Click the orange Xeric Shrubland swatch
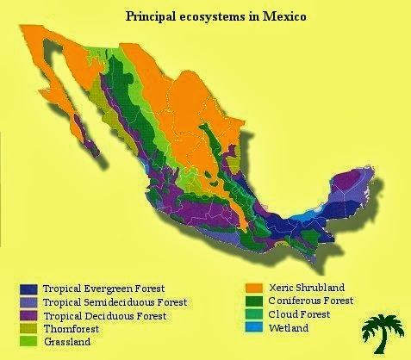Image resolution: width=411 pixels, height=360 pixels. click(x=253, y=288)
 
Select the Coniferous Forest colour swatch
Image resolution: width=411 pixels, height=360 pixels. click(x=253, y=301)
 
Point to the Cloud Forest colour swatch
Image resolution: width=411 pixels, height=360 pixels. click(x=253, y=314)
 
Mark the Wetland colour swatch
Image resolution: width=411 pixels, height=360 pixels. click(x=253, y=328)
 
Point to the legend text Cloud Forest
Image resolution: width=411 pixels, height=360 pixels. click(x=300, y=314)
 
